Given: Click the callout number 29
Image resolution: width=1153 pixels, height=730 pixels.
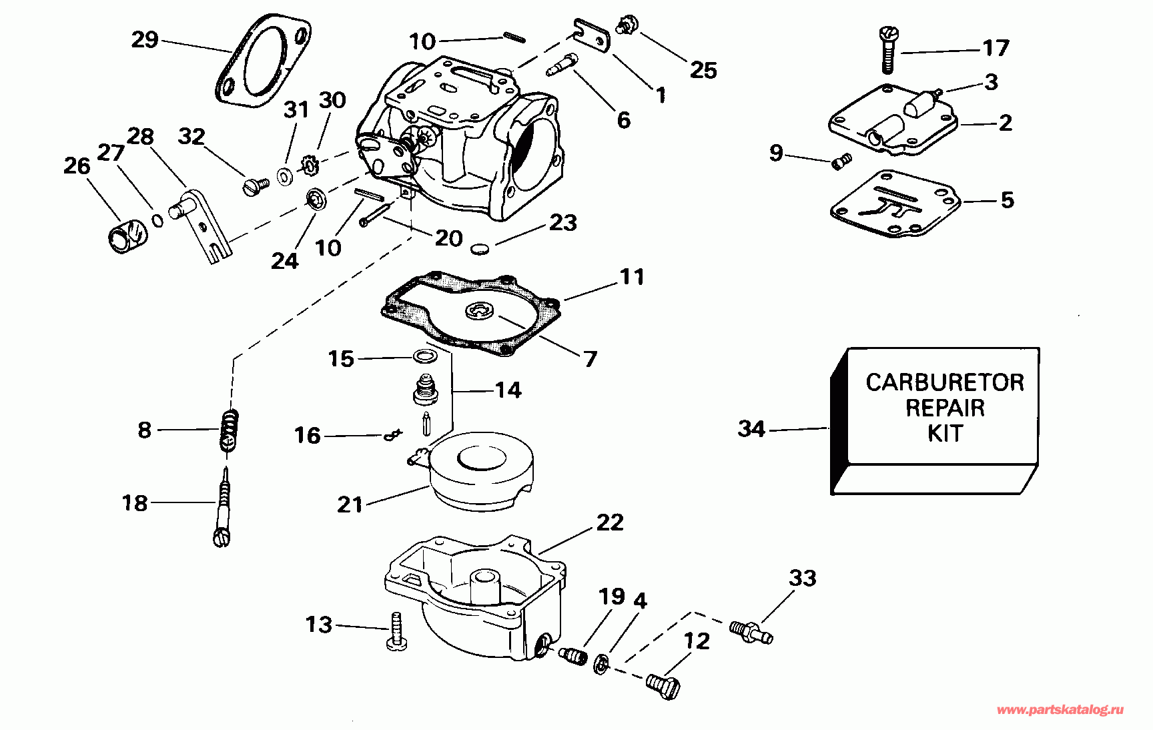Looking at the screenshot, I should click(145, 40).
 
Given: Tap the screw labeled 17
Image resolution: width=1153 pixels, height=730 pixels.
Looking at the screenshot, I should click(887, 49).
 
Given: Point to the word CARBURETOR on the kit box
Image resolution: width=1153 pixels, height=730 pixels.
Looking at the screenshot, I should click(944, 382).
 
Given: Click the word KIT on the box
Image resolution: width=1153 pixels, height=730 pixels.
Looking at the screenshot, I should click(945, 434).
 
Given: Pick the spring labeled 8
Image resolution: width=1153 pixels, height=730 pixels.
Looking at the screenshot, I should click(229, 431).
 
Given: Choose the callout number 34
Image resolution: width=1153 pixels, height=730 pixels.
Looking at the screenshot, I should click(751, 428).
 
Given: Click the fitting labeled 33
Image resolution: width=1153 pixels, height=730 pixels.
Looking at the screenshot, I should click(751, 631).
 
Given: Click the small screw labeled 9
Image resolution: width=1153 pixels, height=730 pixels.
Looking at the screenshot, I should click(842, 161).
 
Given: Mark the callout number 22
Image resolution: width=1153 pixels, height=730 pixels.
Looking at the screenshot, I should click(610, 522).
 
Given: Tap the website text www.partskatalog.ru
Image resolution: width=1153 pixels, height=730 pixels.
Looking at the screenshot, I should click(1060, 710).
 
